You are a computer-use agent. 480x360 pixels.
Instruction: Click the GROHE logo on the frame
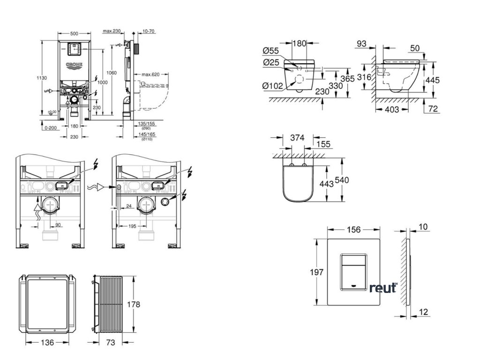coord(74,65)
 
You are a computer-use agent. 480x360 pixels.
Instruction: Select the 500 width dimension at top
coord(74,33)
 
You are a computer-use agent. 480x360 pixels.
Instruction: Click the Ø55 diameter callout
coord(272,52)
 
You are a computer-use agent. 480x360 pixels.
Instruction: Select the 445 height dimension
coord(433,80)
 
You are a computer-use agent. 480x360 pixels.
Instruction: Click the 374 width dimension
coord(298,138)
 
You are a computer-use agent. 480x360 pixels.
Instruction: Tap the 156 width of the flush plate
coord(354,230)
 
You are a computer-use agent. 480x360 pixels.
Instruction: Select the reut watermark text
coord(382,288)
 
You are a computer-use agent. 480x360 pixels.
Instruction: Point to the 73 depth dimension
coord(111,343)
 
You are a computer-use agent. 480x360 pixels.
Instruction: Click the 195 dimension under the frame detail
coord(133,226)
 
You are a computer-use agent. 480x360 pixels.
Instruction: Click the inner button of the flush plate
coord(354,270)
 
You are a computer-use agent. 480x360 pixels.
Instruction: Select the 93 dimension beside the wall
coord(361,44)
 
